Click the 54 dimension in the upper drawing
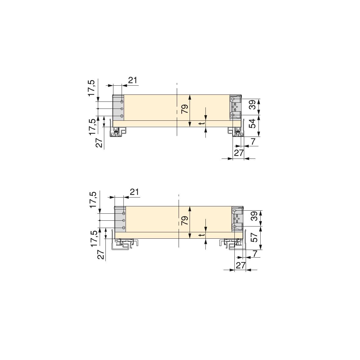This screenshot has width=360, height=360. [x=252, y=123]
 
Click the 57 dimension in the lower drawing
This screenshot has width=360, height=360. [x=254, y=236]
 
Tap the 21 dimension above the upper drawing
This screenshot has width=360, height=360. [x=133, y=80]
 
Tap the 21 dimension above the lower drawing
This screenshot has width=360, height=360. [x=134, y=192]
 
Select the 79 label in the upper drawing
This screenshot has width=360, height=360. [x=185, y=109]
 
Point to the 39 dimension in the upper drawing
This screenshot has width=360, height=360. [x=252, y=105]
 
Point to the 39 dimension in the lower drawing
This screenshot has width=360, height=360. [x=254, y=216]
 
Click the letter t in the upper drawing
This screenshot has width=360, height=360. [x=202, y=123]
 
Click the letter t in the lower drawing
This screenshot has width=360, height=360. [x=202, y=235]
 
